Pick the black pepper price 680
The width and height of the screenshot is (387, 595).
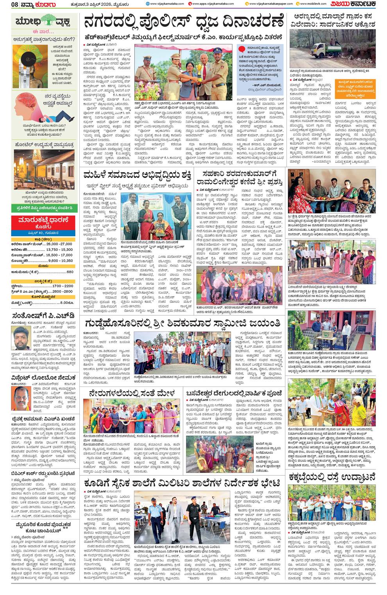pyautogui.click(x=70, y=272)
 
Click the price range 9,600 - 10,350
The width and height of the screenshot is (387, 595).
pyautogui.click(x=60, y=261)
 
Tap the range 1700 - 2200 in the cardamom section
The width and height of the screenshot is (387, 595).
pyautogui.click(x=63, y=286)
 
